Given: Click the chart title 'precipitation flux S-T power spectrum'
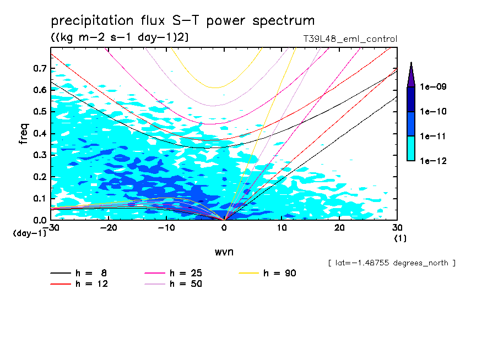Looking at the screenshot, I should pos(183,21).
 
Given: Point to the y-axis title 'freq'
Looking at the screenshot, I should pos(24,134).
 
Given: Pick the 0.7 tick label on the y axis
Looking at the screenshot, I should pos(39,69).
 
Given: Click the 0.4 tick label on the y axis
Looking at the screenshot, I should pos(39,134).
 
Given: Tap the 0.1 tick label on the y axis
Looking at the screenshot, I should pos(39,199).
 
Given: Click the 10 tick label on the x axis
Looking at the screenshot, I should pos(282,228).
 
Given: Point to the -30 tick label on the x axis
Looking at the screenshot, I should pos(52,228).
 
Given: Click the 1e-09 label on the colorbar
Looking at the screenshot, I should pos(433,87).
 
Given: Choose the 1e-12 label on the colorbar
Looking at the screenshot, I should pos(433,161).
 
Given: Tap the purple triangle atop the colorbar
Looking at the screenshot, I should pos(411,75).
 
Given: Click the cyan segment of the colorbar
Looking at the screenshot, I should pos(411,148).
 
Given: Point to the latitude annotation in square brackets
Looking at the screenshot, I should pos(392,263).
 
